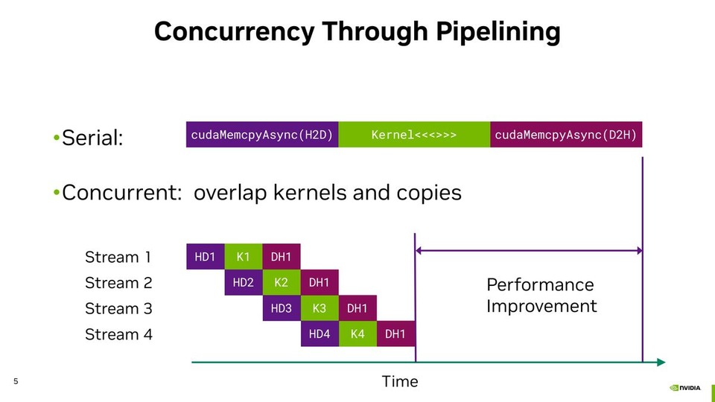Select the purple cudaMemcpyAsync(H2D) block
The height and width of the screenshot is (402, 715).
(x=261, y=135)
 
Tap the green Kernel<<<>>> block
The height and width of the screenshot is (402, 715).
(x=414, y=135)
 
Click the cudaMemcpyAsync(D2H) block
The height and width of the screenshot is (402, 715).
(x=566, y=135)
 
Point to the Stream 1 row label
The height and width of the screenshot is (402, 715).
(x=118, y=257)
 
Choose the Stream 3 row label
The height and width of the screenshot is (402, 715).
(x=118, y=308)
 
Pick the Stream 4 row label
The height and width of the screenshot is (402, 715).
(x=118, y=334)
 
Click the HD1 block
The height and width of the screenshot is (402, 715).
(x=205, y=257)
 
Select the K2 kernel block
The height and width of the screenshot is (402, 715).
(x=281, y=283)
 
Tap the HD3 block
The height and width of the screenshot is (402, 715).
(x=281, y=308)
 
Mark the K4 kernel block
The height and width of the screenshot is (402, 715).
(x=357, y=334)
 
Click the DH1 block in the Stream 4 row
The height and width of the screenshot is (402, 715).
(x=395, y=334)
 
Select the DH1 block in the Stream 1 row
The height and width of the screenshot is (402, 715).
(x=281, y=257)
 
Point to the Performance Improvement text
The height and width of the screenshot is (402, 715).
(x=541, y=296)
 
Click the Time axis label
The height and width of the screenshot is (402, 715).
(x=400, y=382)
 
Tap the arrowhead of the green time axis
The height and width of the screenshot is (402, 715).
(x=661, y=363)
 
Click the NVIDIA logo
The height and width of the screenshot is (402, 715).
(x=685, y=387)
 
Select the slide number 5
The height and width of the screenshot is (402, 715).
(x=16, y=382)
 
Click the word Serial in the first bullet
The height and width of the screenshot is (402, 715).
(x=92, y=138)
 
